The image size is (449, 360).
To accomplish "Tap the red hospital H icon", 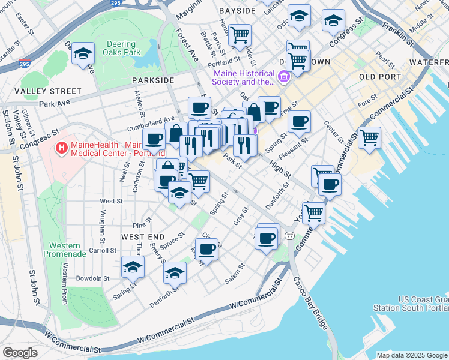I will (61, 147).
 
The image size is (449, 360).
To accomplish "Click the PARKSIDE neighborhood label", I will (154, 80).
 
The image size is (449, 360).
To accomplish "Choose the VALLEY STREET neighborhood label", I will (48, 91).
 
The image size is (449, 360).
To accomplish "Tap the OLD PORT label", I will (379, 77).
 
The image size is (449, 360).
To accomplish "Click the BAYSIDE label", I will (238, 11).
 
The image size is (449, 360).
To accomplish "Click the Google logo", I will (20, 352).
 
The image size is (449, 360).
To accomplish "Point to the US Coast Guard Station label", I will (423, 304).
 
